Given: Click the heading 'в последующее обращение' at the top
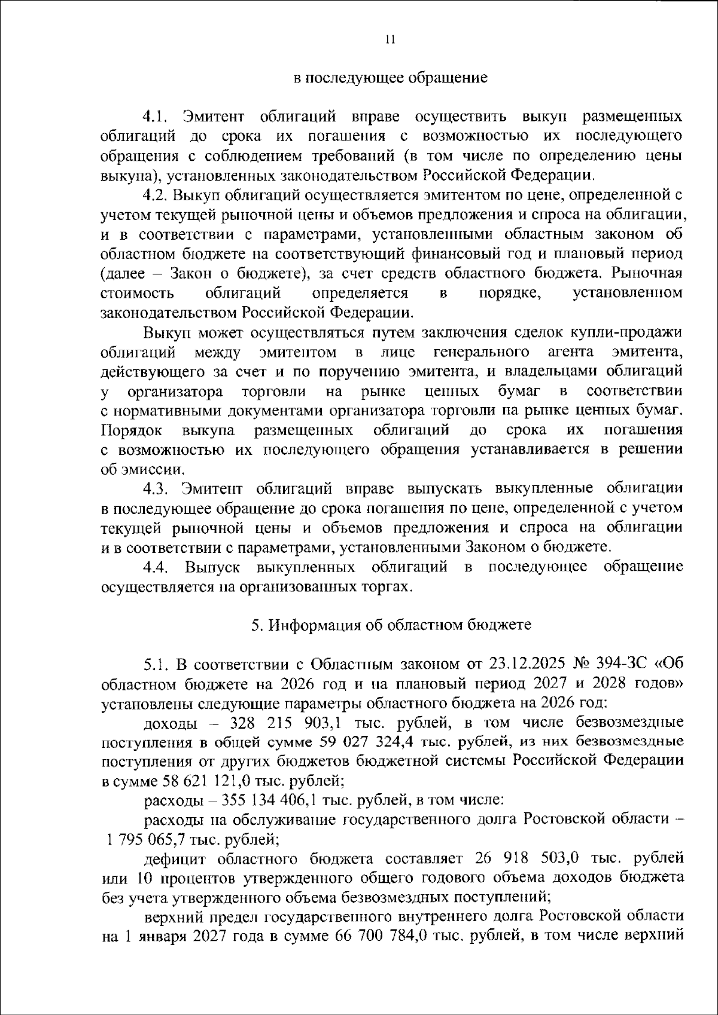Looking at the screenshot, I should [x=391, y=78].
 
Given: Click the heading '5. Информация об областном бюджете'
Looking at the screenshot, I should [x=391, y=625].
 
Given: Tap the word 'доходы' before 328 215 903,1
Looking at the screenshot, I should [x=171, y=723].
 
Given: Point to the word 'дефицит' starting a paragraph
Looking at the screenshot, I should [x=174, y=860].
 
